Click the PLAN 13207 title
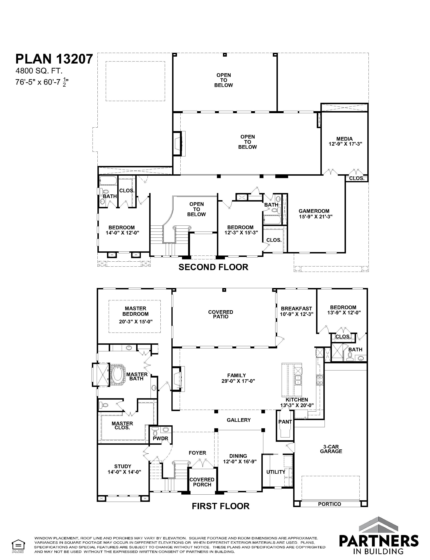(x=54, y=59)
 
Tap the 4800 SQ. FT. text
(x=39, y=71)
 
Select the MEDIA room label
(x=345, y=139)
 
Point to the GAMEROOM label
(x=314, y=211)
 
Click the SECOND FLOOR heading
(x=213, y=267)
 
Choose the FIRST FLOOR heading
(x=221, y=506)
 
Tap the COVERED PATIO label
(x=221, y=314)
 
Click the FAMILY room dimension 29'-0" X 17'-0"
(x=238, y=381)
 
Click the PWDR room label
(x=160, y=438)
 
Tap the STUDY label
(x=123, y=466)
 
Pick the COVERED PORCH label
(x=202, y=482)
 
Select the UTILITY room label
(x=276, y=472)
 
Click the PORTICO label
(x=330, y=504)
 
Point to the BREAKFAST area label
(x=296, y=308)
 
